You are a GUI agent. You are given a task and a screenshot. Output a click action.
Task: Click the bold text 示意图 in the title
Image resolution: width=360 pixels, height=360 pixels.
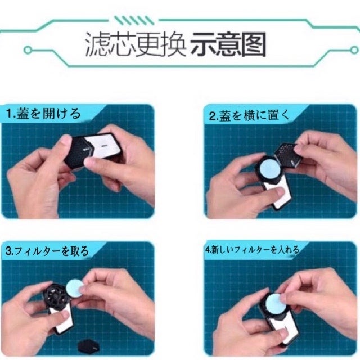tap(228, 44)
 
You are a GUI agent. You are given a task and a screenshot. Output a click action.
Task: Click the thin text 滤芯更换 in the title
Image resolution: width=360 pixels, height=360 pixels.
tap(136, 44)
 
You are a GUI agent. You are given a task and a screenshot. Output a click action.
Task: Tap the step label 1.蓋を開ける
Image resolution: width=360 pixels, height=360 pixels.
tap(44, 114)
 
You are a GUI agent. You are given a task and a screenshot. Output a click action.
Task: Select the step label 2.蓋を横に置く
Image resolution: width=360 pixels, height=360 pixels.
tap(250, 115)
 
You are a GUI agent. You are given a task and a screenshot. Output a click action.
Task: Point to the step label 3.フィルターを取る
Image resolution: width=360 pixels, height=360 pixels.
tap(47, 251)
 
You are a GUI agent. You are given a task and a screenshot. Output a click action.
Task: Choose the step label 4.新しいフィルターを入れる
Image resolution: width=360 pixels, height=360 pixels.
tap(253, 250)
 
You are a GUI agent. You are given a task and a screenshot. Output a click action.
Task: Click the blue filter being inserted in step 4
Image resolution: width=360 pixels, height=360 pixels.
tap(276, 304)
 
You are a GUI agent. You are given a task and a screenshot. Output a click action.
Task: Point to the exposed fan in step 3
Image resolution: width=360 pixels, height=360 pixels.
tap(55, 295)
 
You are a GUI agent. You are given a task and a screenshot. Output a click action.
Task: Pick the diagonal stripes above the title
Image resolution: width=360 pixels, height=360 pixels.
tap(134, 20)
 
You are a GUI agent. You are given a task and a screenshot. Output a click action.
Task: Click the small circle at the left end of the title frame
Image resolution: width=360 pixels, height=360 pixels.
tap(28, 50)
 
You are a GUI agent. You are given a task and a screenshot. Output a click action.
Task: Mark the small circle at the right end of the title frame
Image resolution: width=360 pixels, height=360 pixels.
tap(355, 50)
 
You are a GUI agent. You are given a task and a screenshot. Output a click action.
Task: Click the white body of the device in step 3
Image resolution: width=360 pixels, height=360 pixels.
tap(62, 318)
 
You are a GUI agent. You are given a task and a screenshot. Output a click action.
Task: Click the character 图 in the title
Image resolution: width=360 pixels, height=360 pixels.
tap(254, 44)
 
